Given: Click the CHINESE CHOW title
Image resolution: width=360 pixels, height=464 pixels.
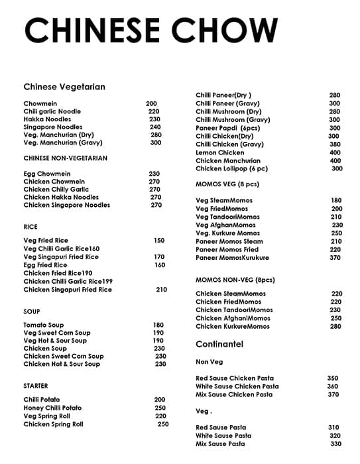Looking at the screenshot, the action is [x=151, y=32].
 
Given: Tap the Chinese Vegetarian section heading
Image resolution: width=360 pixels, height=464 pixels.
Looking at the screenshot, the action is [x=64, y=87].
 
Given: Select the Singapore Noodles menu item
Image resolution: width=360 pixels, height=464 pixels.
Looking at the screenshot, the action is [x=53, y=127].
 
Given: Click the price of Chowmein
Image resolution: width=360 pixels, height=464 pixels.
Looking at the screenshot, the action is [x=152, y=103].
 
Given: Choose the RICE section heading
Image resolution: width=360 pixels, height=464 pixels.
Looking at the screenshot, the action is [x=30, y=227].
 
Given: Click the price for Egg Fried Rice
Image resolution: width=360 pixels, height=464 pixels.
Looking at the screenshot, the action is [x=160, y=265].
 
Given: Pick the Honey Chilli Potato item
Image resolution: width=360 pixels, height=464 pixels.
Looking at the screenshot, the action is [x=52, y=408].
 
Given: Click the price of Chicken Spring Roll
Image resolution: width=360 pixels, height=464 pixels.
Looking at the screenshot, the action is [x=163, y=424].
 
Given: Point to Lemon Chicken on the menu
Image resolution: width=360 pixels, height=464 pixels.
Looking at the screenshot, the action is [x=220, y=152].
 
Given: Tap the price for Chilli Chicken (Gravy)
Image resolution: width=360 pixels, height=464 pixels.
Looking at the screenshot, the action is [x=335, y=145].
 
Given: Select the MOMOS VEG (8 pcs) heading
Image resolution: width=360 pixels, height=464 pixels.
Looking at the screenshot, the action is [x=227, y=184].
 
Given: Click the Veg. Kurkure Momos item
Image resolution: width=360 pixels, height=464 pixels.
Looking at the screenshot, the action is [x=228, y=233].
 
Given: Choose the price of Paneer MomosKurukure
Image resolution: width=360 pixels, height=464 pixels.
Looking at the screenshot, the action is [x=335, y=258].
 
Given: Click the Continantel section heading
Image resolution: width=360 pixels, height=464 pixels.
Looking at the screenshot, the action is [x=219, y=344].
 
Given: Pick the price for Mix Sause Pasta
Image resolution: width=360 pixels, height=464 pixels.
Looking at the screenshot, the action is [x=335, y=444].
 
